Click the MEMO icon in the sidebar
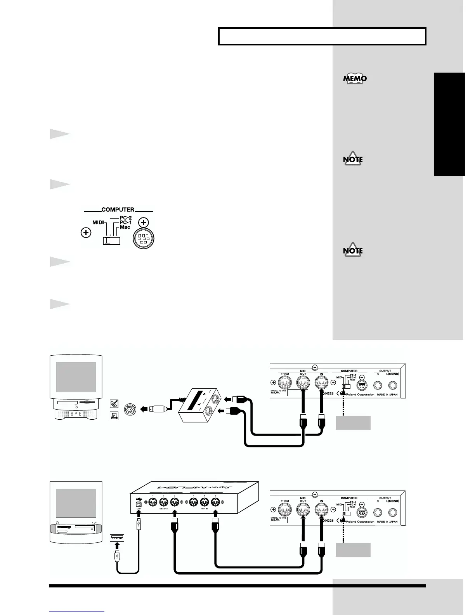[x=355, y=78]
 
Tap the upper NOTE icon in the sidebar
[x=353, y=159]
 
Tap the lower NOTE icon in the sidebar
[x=353, y=250]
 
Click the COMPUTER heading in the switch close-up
[x=118, y=210]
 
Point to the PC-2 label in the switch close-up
[x=125, y=218]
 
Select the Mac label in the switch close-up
[x=125, y=227]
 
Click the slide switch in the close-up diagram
[x=112, y=241]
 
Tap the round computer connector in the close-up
[x=144, y=237]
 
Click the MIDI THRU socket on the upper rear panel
[x=285, y=384]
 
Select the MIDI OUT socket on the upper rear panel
[x=303, y=384]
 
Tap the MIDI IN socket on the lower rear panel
[x=321, y=510]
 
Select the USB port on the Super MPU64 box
[x=139, y=504]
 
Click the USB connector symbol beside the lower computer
[x=117, y=537]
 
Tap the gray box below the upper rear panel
[x=353, y=422]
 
